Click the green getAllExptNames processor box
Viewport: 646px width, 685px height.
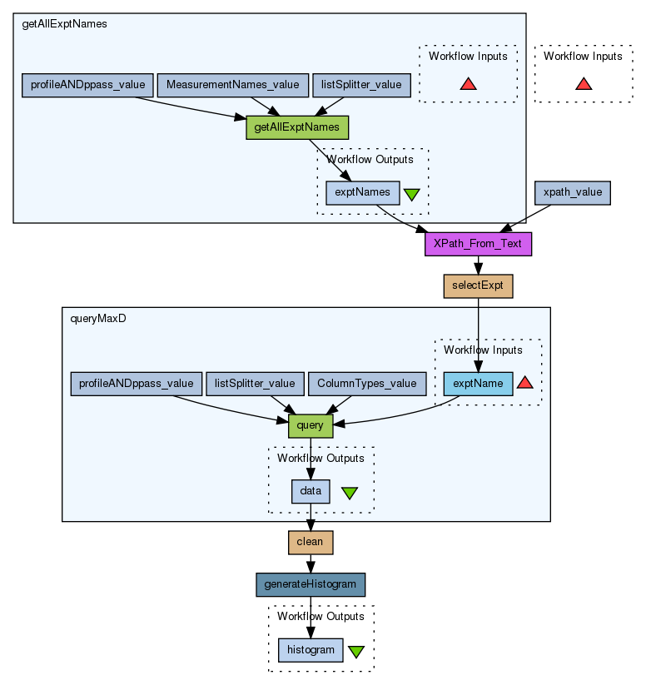coord(296,127)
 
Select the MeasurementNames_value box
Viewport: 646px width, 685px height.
coord(232,85)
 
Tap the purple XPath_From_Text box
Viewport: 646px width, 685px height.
coord(477,244)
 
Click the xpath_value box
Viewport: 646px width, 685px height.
coord(572,192)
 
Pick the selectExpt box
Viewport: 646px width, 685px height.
coord(478,285)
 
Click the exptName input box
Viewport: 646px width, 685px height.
coord(478,383)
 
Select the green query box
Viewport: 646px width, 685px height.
coord(310,425)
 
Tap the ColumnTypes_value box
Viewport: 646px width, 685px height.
coord(367,383)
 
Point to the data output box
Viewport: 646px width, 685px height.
coord(311,491)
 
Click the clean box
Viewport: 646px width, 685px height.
coord(310,542)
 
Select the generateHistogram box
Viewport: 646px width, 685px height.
coord(310,584)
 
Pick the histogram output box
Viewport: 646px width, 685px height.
coord(310,649)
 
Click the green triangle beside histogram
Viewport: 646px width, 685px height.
coord(356,651)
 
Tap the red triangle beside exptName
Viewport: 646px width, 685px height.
coord(524,383)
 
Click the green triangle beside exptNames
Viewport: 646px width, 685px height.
coord(411,194)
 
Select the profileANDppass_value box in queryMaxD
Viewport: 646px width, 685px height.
coord(136,383)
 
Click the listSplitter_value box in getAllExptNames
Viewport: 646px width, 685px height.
coord(361,85)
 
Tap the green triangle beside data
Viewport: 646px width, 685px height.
coord(350,493)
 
